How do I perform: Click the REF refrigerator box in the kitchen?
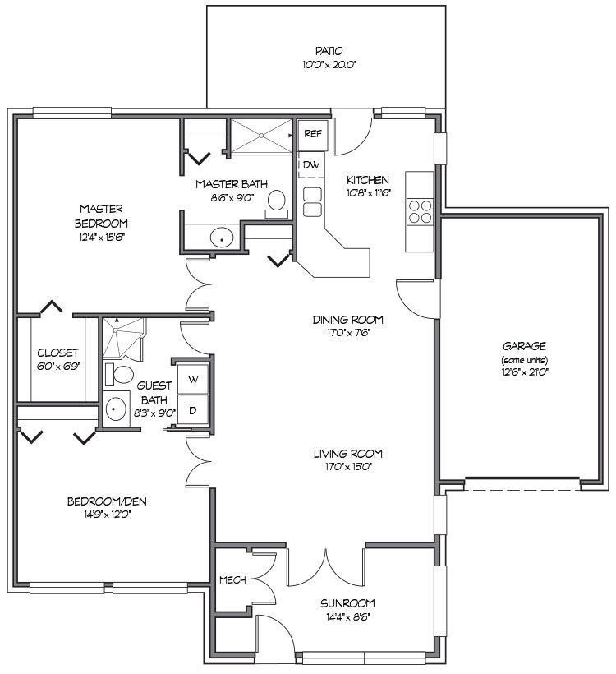(312, 133)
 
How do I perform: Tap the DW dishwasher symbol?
(311, 165)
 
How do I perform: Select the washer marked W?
(194, 380)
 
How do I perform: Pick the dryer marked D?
(194, 409)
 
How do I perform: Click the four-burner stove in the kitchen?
(421, 212)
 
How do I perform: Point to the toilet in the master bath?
(277, 203)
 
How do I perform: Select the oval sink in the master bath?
(221, 238)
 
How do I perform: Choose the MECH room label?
(232, 580)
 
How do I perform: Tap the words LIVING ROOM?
(348, 454)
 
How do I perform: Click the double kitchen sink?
(312, 201)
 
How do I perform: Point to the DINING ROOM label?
(348, 320)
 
